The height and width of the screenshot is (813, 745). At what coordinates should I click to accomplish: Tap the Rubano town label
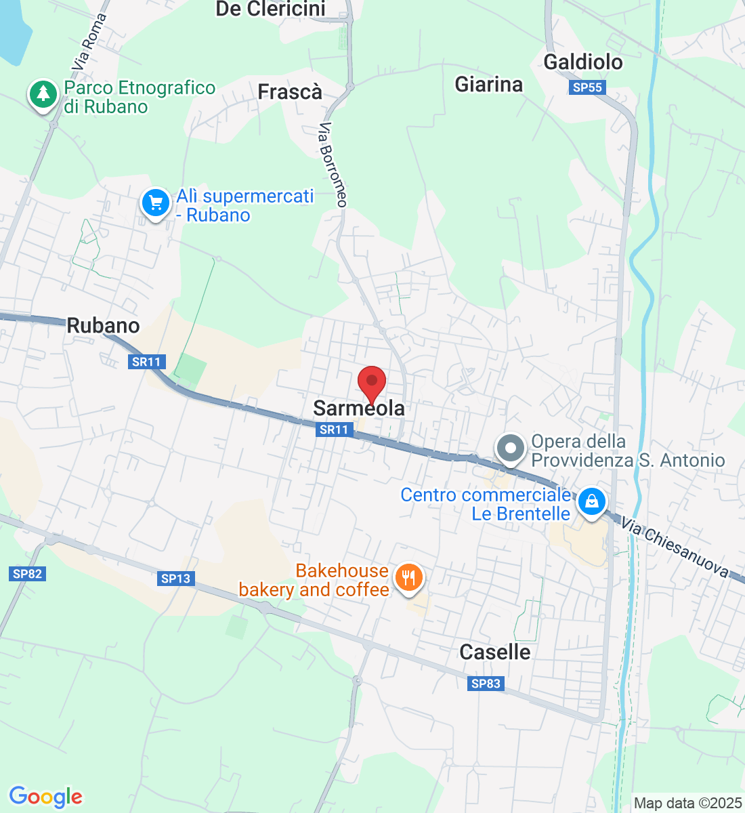(103, 326)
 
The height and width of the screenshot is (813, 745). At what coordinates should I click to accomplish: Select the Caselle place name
(494, 652)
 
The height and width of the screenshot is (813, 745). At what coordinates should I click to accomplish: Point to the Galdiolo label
(583, 62)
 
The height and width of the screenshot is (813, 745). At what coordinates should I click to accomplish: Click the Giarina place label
(488, 85)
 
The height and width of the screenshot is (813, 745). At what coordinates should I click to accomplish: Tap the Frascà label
(290, 92)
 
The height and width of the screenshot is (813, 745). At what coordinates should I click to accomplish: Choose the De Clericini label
(270, 9)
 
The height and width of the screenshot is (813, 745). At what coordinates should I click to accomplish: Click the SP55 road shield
(587, 87)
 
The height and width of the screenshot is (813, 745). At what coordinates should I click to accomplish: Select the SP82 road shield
(27, 574)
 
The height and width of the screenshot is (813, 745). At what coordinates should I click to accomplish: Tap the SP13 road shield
(176, 579)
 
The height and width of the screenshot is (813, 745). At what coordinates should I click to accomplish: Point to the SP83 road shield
(486, 684)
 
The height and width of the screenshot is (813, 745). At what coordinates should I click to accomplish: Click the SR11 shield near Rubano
(146, 362)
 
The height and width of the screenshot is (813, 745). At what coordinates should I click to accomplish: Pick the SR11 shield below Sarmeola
(334, 430)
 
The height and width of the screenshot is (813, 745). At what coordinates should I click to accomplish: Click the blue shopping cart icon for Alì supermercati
(156, 203)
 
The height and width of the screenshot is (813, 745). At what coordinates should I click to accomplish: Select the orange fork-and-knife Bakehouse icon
(408, 578)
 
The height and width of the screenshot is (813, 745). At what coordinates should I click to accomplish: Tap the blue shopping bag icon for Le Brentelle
(591, 502)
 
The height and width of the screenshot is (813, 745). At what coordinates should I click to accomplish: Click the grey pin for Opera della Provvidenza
(511, 449)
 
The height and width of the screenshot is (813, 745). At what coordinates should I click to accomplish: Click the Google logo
(45, 797)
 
